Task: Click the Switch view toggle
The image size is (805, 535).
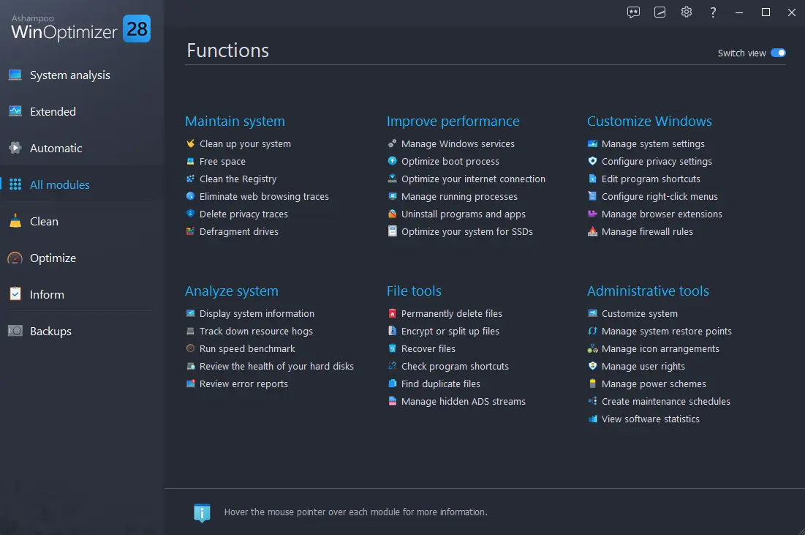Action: (778, 53)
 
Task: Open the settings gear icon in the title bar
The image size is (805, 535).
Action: (687, 12)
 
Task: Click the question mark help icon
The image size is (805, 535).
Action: (713, 12)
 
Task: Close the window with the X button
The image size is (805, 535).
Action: (791, 12)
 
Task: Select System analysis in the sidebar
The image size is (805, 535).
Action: (69, 75)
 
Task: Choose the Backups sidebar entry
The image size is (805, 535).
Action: (50, 331)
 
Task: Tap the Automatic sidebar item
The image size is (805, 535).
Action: (56, 148)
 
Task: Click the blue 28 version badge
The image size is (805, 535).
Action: (137, 29)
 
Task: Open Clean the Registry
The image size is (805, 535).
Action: (238, 179)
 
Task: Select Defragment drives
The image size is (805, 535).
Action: (239, 232)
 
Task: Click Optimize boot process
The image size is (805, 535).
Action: (450, 161)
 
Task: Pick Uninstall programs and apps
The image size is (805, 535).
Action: (463, 214)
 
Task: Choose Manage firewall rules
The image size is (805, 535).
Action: (647, 232)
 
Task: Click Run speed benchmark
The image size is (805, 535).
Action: (247, 348)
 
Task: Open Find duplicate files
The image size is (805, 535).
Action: (440, 384)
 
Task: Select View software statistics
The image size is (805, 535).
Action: (651, 419)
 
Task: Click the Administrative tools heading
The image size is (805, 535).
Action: (648, 291)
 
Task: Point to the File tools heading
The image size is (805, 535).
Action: (414, 291)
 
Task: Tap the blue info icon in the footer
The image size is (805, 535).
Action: (202, 512)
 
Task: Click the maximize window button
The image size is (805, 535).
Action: (766, 12)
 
